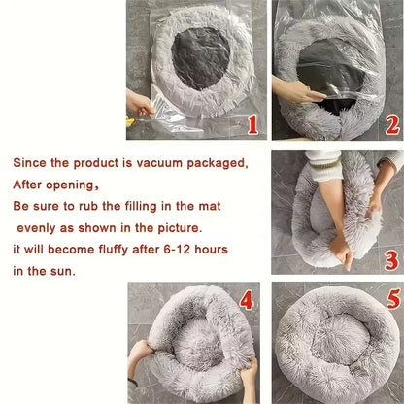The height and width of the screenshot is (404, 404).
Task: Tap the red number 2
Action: [x=391, y=123]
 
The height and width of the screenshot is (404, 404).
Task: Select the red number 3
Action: [x=391, y=259]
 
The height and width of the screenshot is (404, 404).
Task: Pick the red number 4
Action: [x=247, y=300]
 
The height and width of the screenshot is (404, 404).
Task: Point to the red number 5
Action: [x=391, y=300]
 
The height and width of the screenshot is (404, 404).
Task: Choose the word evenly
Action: [x=39, y=228]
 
